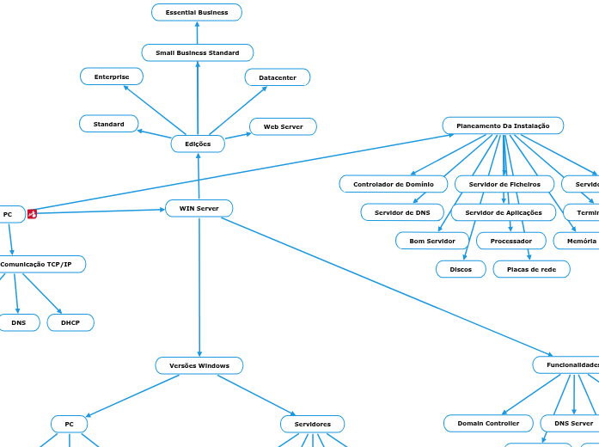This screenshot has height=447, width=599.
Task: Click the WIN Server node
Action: [199, 208]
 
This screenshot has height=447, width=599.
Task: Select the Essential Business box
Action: [197, 12]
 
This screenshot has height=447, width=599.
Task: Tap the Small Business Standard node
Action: [197, 52]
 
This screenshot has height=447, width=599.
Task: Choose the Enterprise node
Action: [112, 77]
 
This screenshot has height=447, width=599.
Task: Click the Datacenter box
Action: [278, 77]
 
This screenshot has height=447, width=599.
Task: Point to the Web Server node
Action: [283, 126]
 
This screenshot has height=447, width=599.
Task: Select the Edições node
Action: [198, 144]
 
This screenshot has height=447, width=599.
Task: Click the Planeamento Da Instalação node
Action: [503, 126]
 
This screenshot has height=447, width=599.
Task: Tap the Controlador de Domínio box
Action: [394, 184]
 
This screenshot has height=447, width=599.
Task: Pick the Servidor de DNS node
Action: [402, 211]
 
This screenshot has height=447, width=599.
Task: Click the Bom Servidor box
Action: [432, 241]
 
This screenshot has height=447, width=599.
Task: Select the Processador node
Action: [510, 241]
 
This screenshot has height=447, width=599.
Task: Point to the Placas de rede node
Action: [531, 269]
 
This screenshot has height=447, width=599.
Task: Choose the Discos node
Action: [461, 269]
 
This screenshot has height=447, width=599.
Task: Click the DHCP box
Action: [70, 322]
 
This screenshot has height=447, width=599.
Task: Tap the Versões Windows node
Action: [199, 365]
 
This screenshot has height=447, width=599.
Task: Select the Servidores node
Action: [312, 424]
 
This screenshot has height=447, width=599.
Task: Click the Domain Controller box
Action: [488, 423]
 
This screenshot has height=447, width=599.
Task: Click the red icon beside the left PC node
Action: [33, 214]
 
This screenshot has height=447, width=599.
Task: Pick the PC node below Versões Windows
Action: [69, 424]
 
